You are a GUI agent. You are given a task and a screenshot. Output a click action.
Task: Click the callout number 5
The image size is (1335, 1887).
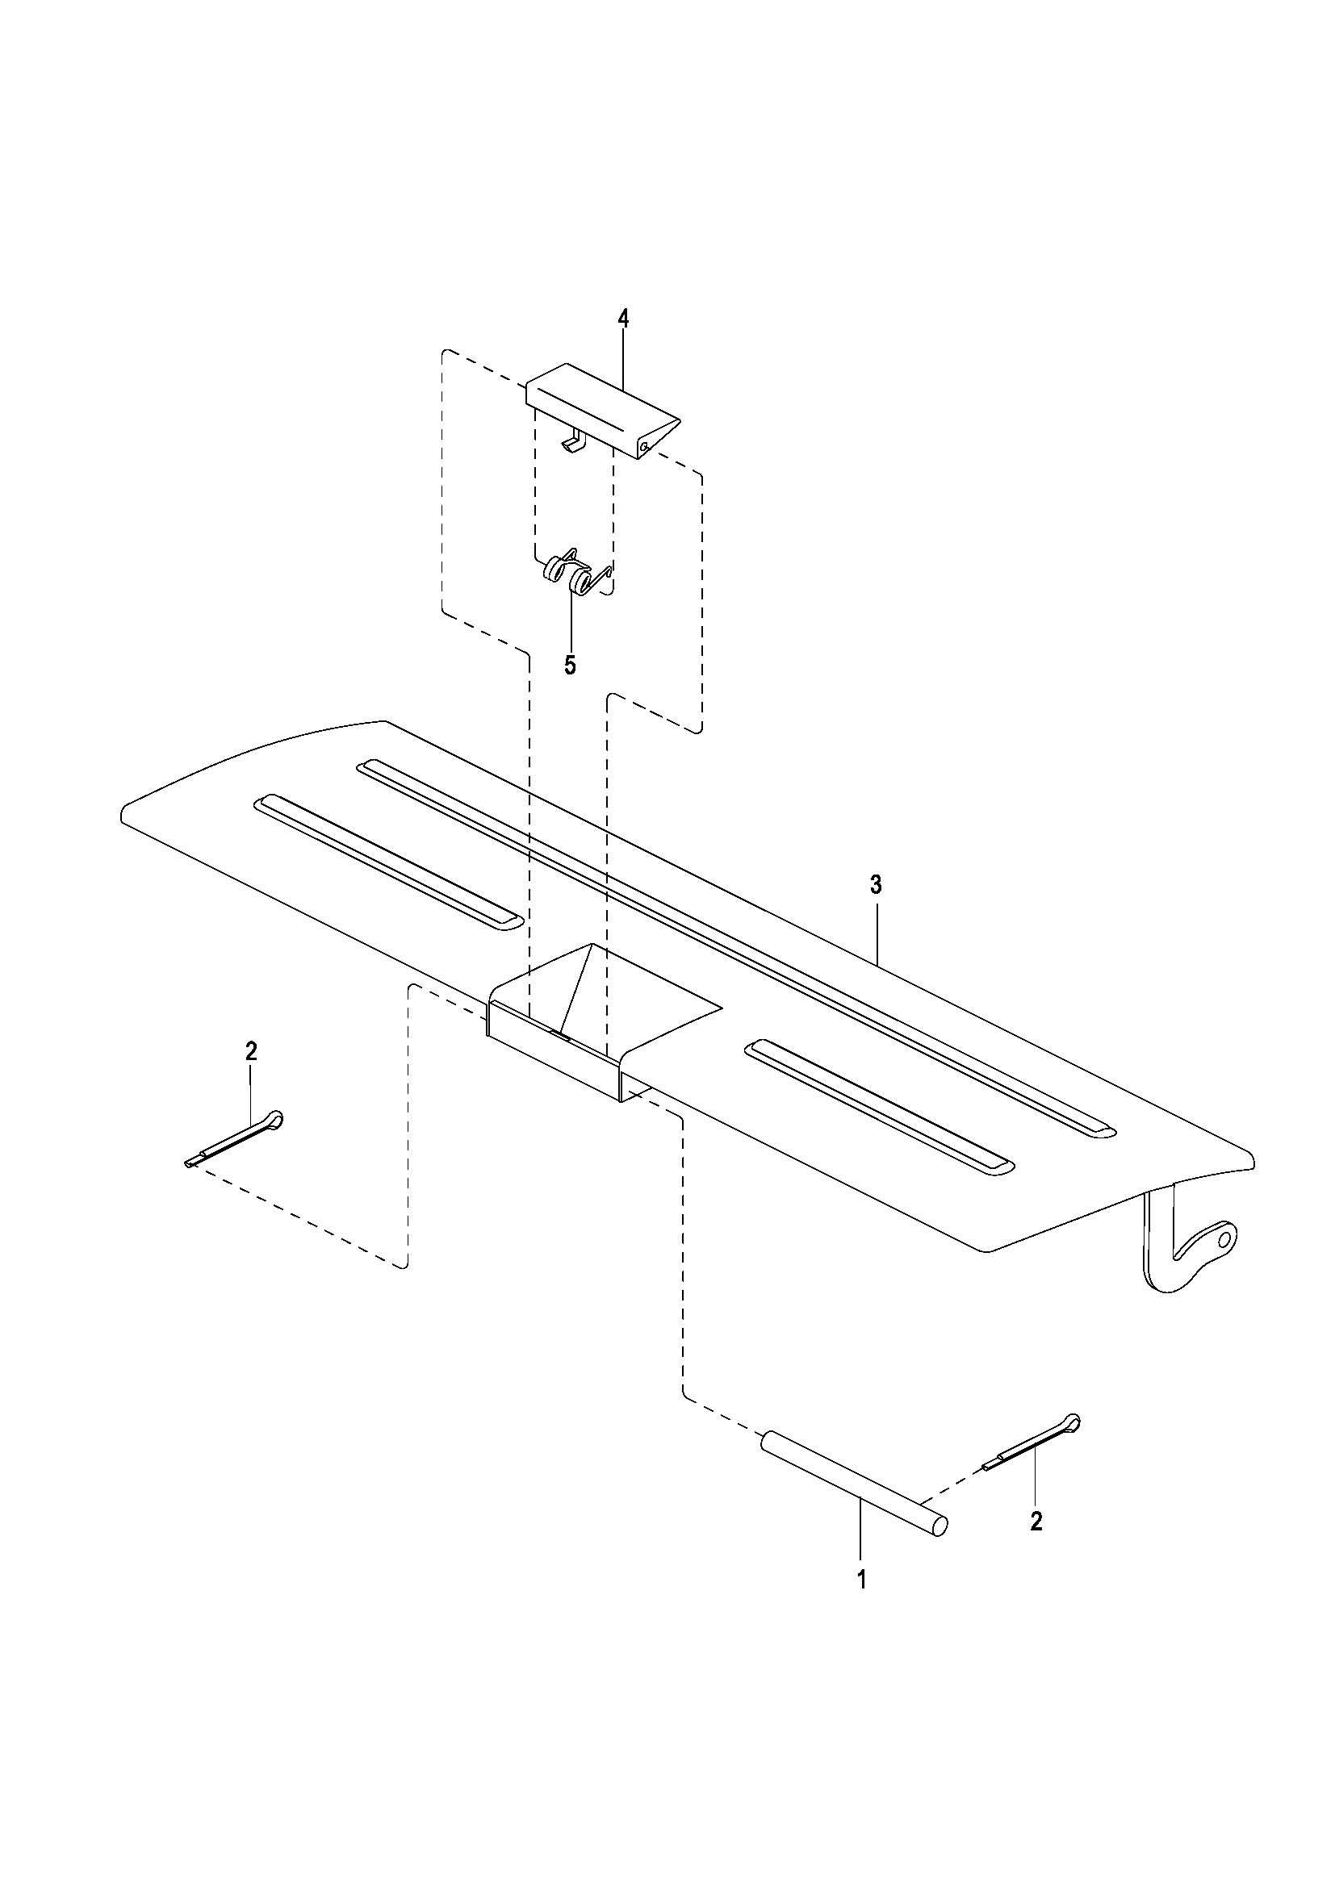(571, 665)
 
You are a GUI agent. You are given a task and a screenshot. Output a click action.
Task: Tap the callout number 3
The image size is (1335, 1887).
(877, 885)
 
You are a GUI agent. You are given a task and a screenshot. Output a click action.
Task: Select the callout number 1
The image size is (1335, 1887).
(861, 1580)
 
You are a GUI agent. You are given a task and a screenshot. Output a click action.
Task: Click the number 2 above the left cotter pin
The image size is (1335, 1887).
(252, 1050)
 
